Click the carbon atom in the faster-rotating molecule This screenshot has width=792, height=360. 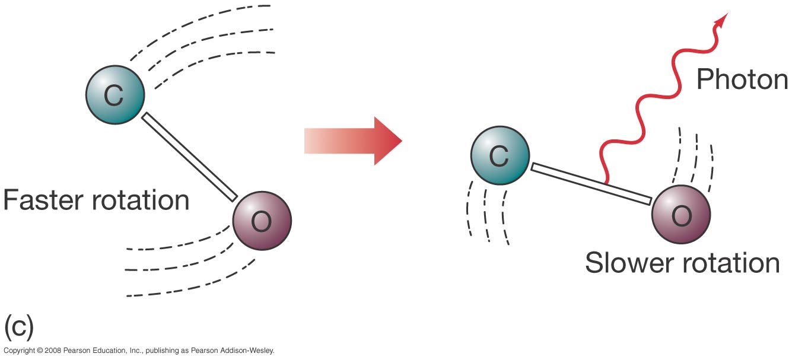pos(115,95)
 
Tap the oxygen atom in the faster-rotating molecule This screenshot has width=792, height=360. pos(262,221)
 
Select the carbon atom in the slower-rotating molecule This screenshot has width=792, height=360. pos(500,155)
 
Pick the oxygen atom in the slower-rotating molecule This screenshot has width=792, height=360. pos(681,215)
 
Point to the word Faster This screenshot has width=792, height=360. pos(44,200)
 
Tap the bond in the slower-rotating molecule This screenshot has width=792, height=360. pos(591,184)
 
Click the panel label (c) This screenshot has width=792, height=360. pos(19,326)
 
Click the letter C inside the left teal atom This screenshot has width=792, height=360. pos(114,95)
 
